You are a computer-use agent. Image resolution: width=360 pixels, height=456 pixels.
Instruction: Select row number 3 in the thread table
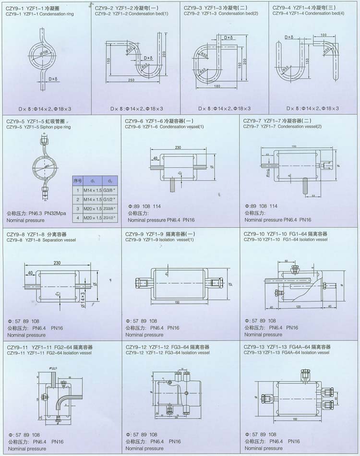77,208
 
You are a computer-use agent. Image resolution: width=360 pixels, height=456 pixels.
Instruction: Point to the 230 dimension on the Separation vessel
58,263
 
